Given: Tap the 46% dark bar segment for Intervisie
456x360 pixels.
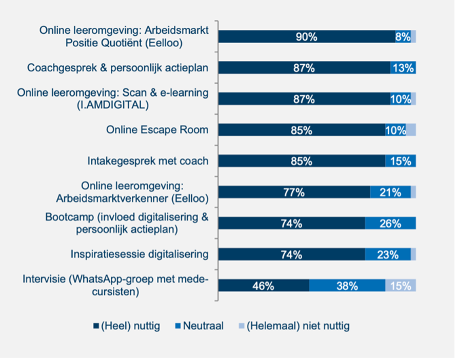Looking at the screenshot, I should tap(263, 286).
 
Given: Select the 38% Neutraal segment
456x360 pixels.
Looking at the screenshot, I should tap(347, 286).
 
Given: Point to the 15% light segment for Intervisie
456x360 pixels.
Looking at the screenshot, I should tap(401, 286).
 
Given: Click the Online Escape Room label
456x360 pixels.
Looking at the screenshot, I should tap(157, 130).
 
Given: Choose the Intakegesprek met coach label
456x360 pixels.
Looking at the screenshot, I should tap(148, 161).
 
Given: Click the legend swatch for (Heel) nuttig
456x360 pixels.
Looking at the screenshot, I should tap(96, 326).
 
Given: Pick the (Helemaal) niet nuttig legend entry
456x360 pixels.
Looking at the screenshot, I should tap(298, 326).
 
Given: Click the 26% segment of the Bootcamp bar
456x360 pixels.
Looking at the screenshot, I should tap(390, 223).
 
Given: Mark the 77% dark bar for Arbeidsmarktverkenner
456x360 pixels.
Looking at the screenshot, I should tap(294, 192).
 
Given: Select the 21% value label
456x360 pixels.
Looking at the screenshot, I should tap(390, 192).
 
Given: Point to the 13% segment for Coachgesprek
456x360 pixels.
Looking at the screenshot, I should tap(403, 68).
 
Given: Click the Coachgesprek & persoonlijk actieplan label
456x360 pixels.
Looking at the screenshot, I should tap(117, 68).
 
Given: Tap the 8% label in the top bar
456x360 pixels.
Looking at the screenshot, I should tap(403, 36).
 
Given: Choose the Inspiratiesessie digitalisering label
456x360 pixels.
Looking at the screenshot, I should tap(140, 254).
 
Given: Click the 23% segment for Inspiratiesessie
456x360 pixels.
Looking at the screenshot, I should tap(388, 254).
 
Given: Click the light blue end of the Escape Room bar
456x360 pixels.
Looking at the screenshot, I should tap(411, 130).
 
